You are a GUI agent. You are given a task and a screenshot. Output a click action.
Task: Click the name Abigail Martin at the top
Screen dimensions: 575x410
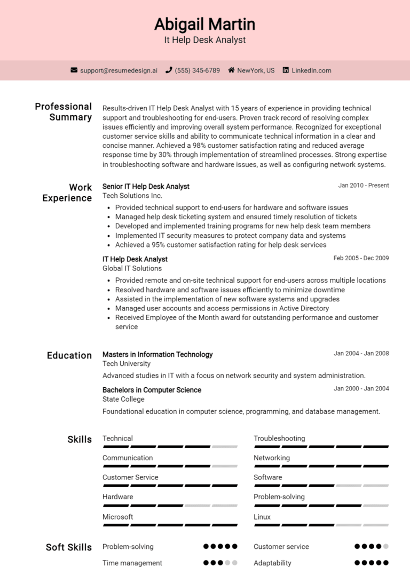coord(205,24)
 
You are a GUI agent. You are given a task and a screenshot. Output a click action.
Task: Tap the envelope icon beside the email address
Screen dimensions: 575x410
coord(74,70)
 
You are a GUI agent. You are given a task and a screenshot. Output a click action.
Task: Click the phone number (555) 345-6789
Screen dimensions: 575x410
coord(197,70)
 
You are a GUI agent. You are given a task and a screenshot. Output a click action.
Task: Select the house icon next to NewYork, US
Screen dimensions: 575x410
coord(231,70)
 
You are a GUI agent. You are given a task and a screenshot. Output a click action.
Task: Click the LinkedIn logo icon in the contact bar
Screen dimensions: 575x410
coord(286,70)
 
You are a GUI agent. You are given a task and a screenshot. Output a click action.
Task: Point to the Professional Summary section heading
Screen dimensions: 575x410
coord(64,111)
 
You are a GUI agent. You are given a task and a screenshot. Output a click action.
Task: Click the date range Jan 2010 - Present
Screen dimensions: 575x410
coord(363,186)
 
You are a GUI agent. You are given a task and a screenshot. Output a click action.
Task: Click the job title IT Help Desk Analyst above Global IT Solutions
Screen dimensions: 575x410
coord(135,259)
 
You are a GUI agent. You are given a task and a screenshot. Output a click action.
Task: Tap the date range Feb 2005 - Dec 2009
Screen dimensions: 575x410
coord(361,258)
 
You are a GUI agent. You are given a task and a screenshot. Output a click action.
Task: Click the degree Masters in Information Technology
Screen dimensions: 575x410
coord(157,354)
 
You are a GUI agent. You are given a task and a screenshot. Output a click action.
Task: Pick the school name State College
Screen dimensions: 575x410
coord(123,399)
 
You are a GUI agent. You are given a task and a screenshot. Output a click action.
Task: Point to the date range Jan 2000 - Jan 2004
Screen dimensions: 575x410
coord(361,389)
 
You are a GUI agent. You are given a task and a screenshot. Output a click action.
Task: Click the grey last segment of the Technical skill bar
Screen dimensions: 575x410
coord(225,446)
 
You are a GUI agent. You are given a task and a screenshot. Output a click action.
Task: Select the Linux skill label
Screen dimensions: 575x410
coord(262,517)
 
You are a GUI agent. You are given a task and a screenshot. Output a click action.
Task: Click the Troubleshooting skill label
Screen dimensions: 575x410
coord(279,438)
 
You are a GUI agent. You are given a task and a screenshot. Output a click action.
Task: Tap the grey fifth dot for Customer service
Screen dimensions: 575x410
coord(385,547)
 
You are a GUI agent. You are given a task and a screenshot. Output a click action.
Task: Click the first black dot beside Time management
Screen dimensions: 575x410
coord(206,563)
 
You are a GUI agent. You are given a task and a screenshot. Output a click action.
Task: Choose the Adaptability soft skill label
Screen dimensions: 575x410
coord(272,563)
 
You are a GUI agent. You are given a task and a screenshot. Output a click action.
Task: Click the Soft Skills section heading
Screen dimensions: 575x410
coord(69,547)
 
